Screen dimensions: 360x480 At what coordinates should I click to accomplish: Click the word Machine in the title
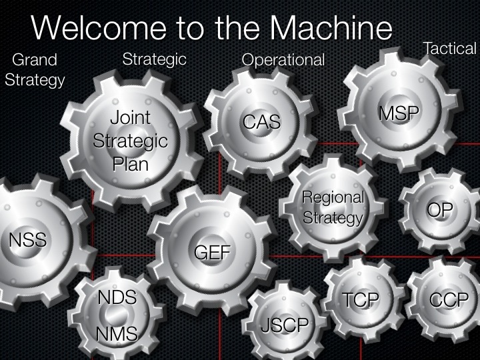[331, 29]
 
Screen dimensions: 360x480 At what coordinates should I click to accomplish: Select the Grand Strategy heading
[35, 70]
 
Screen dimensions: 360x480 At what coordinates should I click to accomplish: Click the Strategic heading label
[154, 59]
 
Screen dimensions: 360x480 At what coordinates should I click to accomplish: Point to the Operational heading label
[283, 60]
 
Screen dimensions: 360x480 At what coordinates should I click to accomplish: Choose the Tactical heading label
[450, 48]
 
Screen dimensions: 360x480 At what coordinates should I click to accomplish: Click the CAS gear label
[261, 122]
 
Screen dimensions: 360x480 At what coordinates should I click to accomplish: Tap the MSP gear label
[399, 114]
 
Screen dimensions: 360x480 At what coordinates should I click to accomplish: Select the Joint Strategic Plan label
[130, 141]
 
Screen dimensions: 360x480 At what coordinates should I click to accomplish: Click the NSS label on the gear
[27, 240]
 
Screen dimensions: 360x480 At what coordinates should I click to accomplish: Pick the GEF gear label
[212, 253]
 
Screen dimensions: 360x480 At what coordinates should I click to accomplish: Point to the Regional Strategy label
[333, 207]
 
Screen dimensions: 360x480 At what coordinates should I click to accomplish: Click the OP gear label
[440, 211]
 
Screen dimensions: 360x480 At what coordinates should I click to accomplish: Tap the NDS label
[117, 298]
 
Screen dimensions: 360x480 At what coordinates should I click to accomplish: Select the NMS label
[117, 334]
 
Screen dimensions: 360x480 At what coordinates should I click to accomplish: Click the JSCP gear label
[285, 325]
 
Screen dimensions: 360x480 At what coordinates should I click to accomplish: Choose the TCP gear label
[361, 301]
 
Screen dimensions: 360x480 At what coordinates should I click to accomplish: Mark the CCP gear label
[449, 301]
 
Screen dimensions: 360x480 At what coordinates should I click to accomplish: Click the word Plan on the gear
[130, 164]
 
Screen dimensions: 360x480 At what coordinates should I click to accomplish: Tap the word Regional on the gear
[333, 197]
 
